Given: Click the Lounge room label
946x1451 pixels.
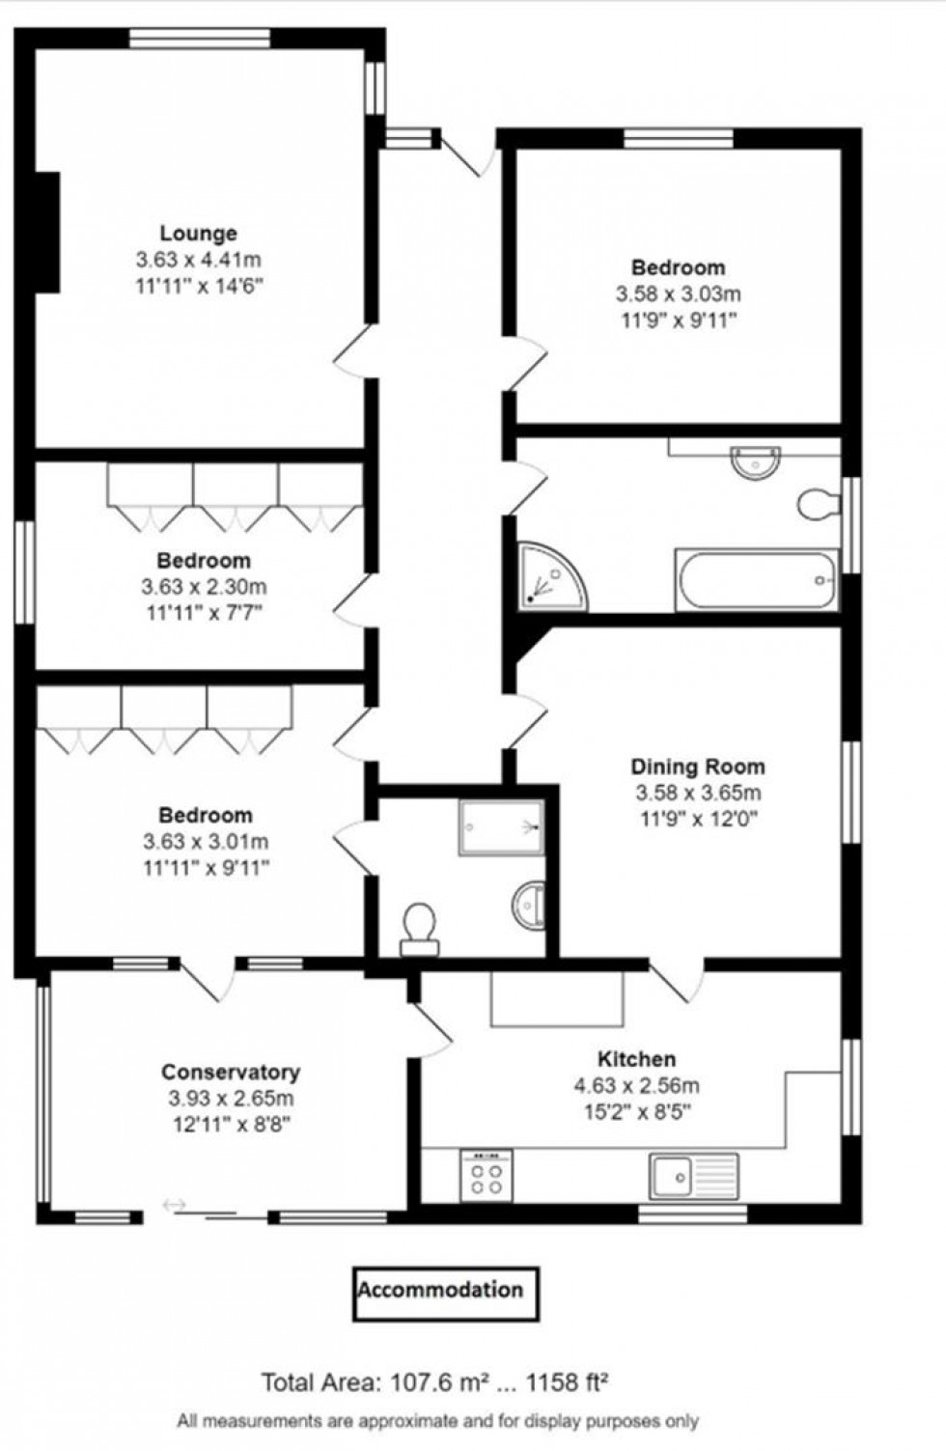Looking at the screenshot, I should coord(198,234).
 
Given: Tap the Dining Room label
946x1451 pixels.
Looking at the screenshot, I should coord(697,767).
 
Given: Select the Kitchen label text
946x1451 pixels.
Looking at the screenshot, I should coord(636,1059).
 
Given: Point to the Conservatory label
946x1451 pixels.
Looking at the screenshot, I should coord(231,1073).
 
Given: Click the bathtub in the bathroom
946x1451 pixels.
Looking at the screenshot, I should coord(758,580).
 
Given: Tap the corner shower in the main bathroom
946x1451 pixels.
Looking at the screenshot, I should coord(550,577).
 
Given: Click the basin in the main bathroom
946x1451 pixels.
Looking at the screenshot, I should coord(755,461).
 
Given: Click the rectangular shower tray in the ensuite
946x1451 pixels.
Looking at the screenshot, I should coord(501,826).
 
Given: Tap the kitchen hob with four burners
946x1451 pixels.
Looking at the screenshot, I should coord(487,1175).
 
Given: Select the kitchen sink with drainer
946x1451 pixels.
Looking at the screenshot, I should coord(694,1175).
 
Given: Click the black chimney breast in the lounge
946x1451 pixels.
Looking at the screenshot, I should coord(47,233).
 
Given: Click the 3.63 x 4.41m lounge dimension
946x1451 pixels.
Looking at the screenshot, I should coord(198,260).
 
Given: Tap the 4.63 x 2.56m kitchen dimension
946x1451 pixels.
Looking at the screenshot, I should coord(636,1085).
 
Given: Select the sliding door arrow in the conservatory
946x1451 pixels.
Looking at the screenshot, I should coord(176,1205).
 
